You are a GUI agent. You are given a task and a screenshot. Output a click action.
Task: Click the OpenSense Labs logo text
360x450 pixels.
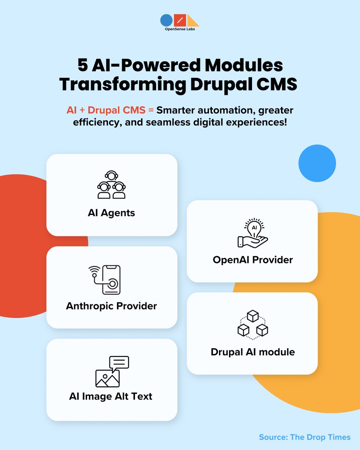click(180, 30)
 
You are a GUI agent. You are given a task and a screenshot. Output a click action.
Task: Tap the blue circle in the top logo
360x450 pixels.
click(166, 20)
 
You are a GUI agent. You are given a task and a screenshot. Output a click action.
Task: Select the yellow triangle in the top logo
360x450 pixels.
click(193, 21)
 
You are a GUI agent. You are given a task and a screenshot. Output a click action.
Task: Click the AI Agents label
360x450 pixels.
click(111, 213)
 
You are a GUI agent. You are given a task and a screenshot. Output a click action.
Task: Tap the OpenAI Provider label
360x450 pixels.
click(253, 259)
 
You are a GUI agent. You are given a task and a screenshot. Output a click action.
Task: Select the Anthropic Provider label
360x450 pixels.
click(111, 306)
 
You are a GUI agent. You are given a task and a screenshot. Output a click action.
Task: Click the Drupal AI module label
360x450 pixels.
click(253, 352)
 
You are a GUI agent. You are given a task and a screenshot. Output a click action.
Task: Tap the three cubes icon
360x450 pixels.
click(253, 324)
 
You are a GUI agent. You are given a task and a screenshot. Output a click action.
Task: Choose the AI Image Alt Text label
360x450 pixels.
click(111, 396)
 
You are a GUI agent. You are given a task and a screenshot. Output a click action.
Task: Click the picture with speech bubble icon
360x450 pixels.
click(111, 371)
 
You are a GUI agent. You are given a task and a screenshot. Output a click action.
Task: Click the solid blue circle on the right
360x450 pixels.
click(317, 163)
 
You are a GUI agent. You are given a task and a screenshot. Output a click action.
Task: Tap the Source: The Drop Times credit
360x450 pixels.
click(304, 437)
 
